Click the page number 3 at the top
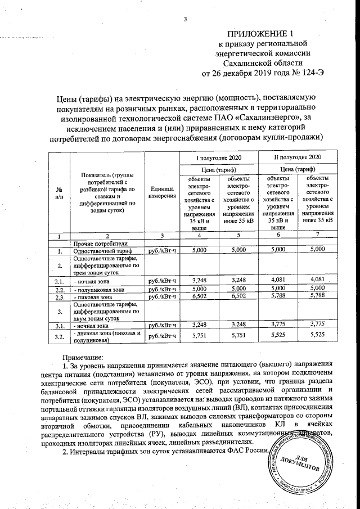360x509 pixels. (x=184, y=21)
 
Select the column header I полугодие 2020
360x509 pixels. (x=218, y=156)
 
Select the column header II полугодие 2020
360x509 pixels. (x=297, y=156)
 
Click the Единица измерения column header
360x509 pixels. (x=162, y=192)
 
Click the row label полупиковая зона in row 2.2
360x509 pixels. (x=100, y=290)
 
